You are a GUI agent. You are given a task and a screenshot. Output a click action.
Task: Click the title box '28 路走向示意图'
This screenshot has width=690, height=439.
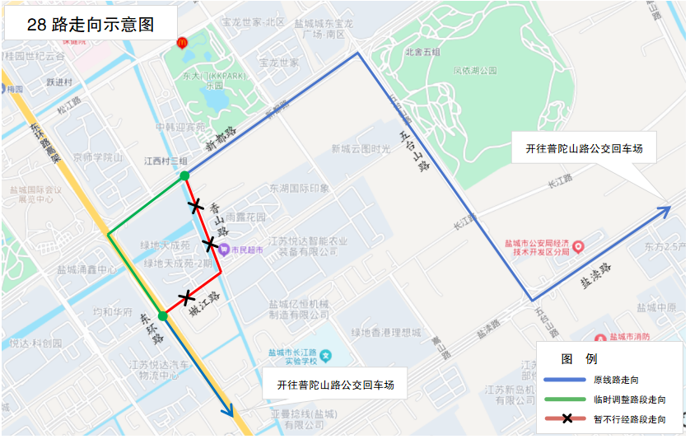tap(91, 24)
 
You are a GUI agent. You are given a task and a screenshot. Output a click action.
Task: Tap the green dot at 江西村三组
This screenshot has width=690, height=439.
tap(184, 175)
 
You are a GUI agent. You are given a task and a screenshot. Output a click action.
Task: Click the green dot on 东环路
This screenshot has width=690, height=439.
tap(163, 315)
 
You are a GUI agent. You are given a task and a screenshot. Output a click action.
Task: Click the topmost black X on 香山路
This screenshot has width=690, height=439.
tap(196, 206)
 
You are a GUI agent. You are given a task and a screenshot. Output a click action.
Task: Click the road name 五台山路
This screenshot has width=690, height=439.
tap(414, 149)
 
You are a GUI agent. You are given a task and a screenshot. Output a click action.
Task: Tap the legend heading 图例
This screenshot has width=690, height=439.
tap(579, 359)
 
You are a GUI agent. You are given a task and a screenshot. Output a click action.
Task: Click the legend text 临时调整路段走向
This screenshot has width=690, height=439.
tap(629, 399)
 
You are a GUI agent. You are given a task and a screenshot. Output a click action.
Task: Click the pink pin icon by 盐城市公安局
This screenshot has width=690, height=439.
tap(578, 246)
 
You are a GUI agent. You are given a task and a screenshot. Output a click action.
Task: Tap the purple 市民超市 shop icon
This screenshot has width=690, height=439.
tap(223, 250)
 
